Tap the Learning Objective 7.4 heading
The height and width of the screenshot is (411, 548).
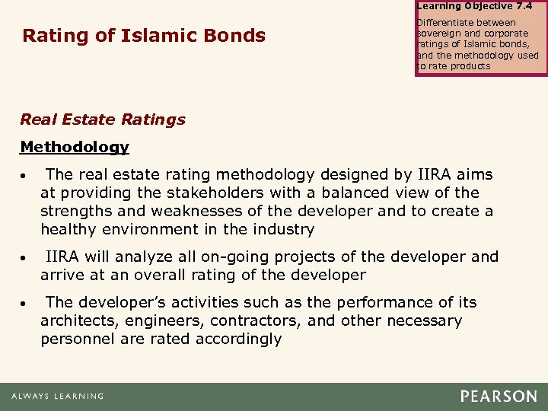tap(474, 6)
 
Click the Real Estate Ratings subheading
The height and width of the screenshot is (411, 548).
tap(103, 119)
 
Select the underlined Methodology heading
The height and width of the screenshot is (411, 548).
tap(75, 146)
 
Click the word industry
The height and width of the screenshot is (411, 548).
tap(286, 230)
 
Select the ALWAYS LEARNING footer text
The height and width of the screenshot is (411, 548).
tap(57, 397)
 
